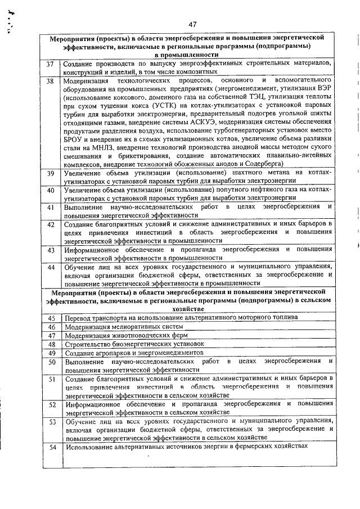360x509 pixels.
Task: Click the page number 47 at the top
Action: click(x=192, y=24)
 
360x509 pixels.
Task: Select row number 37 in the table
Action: click(x=50, y=64)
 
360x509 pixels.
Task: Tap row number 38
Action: click(x=50, y=82)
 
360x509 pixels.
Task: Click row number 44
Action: click(x=50, y=267)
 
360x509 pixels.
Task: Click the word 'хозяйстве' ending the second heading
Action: click(x=185, y=309)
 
